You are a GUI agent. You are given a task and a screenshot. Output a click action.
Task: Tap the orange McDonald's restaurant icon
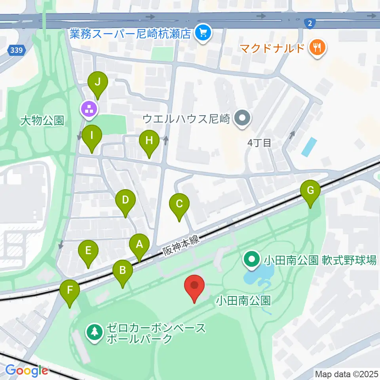pos(318,48)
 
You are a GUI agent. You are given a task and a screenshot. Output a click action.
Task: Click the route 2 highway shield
pos(310,23)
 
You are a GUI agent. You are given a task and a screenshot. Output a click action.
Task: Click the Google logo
pos(27,370)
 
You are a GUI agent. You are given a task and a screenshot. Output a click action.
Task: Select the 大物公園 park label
pos(43,120)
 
